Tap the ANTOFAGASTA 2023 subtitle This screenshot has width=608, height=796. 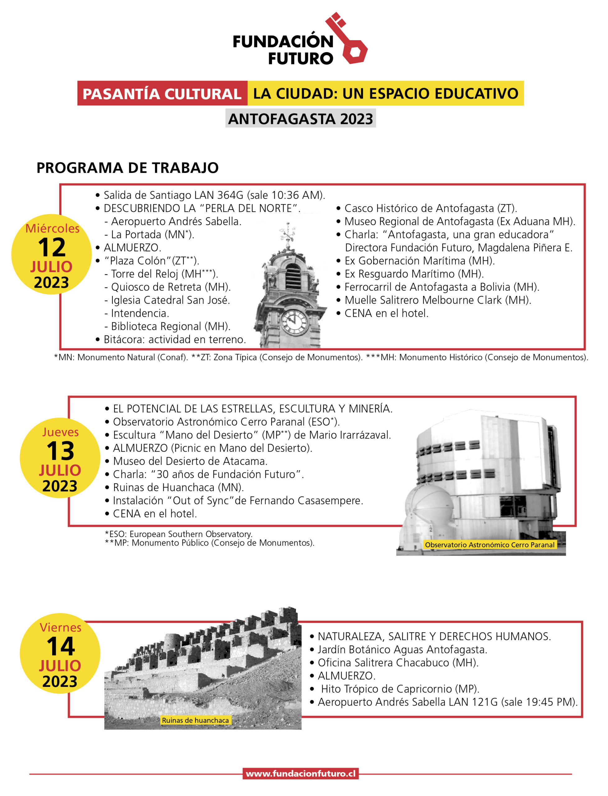point(300,119)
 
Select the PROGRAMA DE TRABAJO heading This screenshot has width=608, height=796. point(127,168)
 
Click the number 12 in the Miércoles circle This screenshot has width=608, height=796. point(52,248)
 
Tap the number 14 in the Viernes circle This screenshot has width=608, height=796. point(60,647)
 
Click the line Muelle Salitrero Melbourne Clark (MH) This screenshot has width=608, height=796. point(438,300)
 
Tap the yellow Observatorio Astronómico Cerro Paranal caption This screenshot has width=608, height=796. point(489,545)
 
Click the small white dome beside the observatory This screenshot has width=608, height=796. point(429,505)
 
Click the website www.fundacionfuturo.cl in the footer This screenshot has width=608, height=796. point(300,774)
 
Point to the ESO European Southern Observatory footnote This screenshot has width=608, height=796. point(178,534)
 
